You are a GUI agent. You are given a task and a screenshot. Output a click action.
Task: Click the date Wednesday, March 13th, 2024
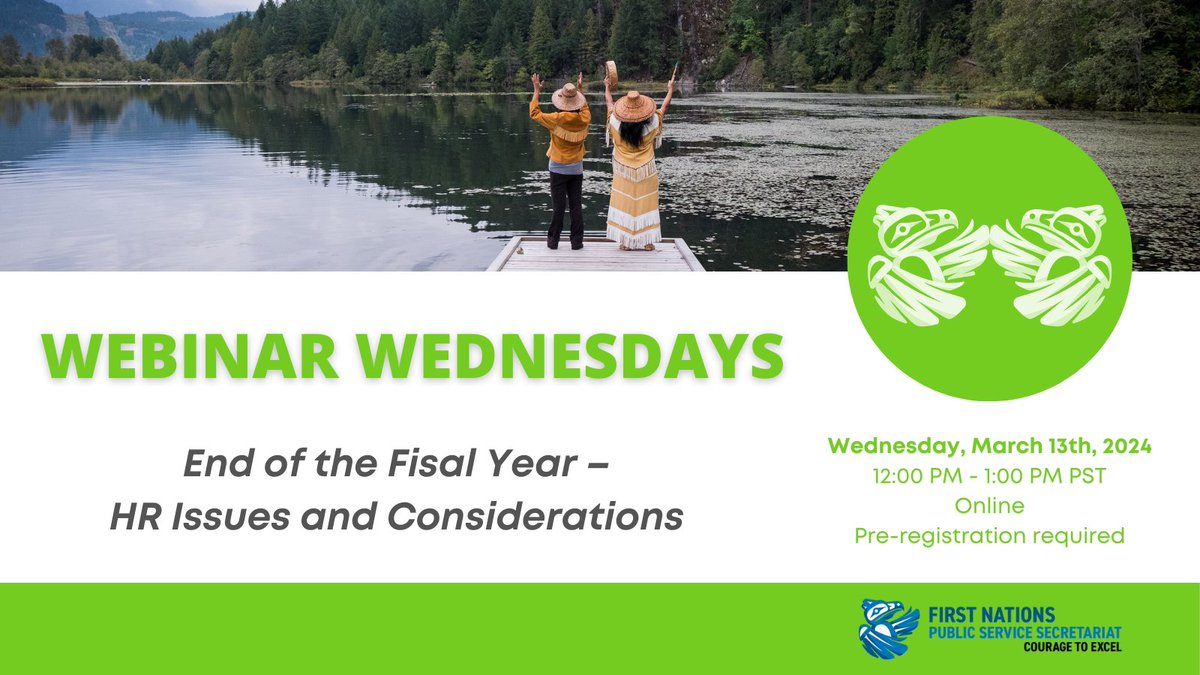pos(990,446)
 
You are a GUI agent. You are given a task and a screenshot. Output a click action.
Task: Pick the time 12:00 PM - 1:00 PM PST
pos(990,476)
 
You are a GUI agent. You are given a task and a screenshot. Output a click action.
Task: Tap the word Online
pos(989,506)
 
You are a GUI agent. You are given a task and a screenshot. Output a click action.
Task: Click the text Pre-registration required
pos(989,536)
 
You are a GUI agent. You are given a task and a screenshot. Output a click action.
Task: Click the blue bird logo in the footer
pos(889,627)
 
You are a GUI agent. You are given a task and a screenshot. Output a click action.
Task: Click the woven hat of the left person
pos(568,96)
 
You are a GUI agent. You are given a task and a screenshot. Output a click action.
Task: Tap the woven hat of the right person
pos(634,105)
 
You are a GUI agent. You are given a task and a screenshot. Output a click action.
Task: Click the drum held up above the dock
pos(611,73)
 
